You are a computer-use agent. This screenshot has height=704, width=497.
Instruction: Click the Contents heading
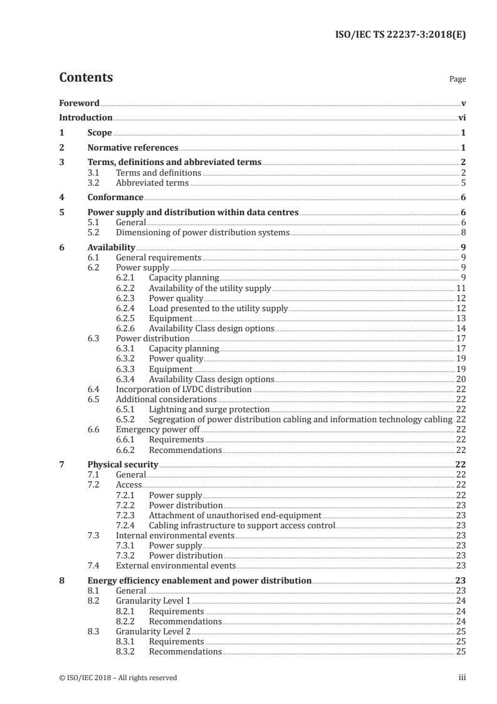[86, 78]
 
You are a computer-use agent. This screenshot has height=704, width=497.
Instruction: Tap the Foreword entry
[79, 103]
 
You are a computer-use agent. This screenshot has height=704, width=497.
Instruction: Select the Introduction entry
[86, 117]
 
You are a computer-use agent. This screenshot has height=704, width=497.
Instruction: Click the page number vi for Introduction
[462, 117]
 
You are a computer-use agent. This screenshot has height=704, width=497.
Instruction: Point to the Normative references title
[133, 148]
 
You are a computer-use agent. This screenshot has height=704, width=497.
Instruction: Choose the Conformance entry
[115, 198]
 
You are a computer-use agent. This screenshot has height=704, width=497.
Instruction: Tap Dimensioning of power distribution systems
[202, 232]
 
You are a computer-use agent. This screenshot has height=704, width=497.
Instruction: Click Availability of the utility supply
[210, 288]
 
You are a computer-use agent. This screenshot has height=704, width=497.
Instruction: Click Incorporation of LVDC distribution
[184, 389]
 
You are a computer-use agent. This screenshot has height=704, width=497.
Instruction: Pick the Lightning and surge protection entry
[209, 409]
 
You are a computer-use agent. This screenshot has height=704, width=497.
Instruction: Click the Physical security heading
[123, 464]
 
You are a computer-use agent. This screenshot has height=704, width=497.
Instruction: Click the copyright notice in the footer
[118, 678]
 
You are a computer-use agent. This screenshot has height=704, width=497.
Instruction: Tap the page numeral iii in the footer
[463, 678]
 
